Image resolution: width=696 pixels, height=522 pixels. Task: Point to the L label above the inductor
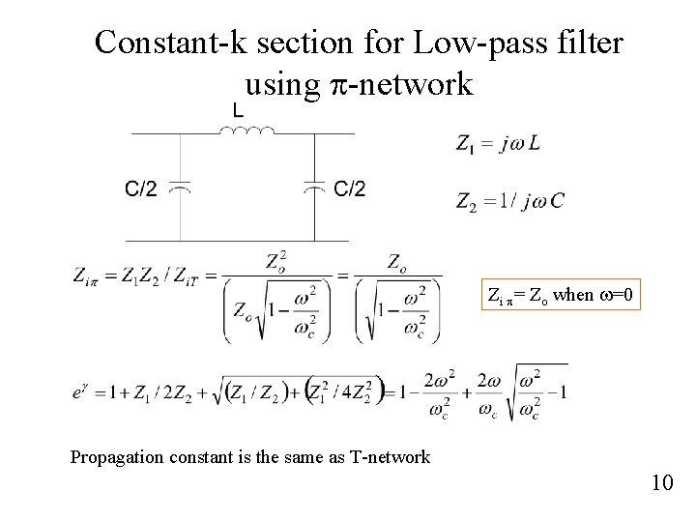click(237, 110)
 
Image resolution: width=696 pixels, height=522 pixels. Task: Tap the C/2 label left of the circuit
click(141, 189)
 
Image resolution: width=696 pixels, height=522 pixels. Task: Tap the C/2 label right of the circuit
click(350, 189)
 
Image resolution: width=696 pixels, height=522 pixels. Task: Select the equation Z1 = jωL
click(498, 144)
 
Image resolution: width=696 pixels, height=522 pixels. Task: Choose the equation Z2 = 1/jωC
click(509, 201)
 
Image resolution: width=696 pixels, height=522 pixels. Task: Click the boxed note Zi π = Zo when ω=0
click(561, 294)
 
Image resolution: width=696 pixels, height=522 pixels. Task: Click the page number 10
click(662, 481)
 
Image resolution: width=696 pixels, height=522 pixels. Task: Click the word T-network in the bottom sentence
click(391, 457)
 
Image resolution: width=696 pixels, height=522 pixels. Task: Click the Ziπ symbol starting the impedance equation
click(87, 275)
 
